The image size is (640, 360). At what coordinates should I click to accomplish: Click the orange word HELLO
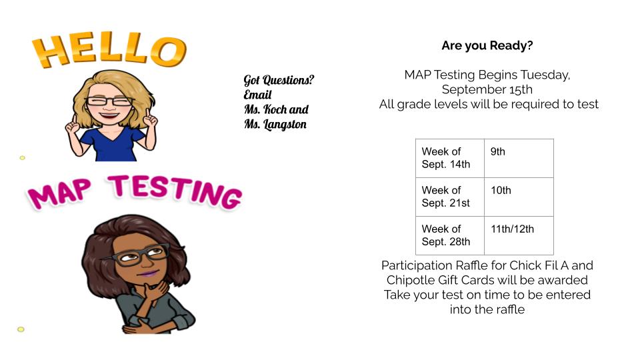coord(109,49)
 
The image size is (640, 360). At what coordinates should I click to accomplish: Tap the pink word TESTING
coord(175,191)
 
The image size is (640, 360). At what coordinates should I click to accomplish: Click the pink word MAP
coord(59,193)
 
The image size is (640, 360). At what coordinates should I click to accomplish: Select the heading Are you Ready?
coord(487,45)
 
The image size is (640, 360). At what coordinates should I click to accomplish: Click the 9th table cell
coord(519,158)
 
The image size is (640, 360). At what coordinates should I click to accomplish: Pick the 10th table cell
coord(519,197)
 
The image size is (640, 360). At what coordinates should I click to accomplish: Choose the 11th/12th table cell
coord(519,235)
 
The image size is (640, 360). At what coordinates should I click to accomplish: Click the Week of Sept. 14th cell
coord(450,158)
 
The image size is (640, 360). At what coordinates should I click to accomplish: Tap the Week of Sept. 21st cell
coord(450,197)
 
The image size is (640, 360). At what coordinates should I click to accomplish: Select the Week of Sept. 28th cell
coord(450,235)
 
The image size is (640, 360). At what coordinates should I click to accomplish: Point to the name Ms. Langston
coord(275,125)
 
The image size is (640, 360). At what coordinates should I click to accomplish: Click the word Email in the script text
coord(257,95)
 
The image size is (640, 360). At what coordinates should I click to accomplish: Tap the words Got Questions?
coord(279,80)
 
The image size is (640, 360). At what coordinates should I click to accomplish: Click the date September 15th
coord(487,90)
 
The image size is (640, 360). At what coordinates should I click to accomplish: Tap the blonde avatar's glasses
coord(109,101)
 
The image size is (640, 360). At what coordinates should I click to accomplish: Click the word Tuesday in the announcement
coord(545,75)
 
